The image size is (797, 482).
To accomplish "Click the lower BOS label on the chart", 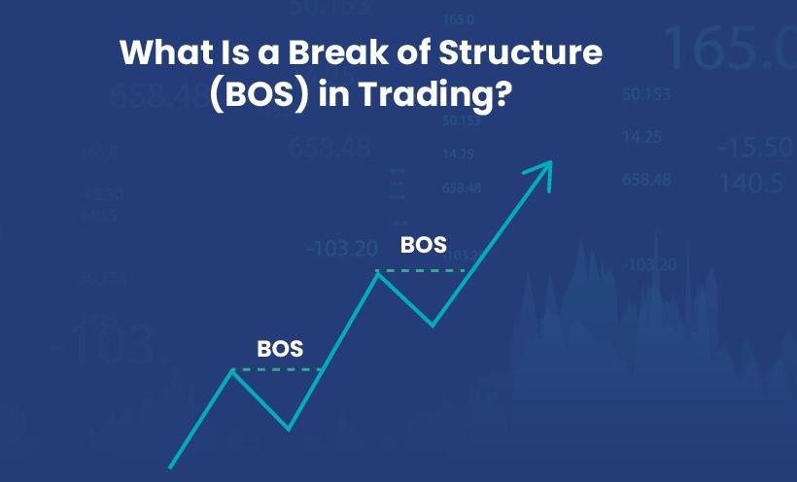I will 280,348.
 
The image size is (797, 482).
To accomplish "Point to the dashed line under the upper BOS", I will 423,270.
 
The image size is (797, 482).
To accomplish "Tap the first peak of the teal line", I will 231,370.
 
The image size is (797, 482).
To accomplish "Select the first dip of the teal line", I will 289,428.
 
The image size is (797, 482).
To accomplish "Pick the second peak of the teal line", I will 378,271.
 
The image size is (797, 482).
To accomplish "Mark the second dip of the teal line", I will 433,325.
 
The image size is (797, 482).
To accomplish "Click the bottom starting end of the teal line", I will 172,465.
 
